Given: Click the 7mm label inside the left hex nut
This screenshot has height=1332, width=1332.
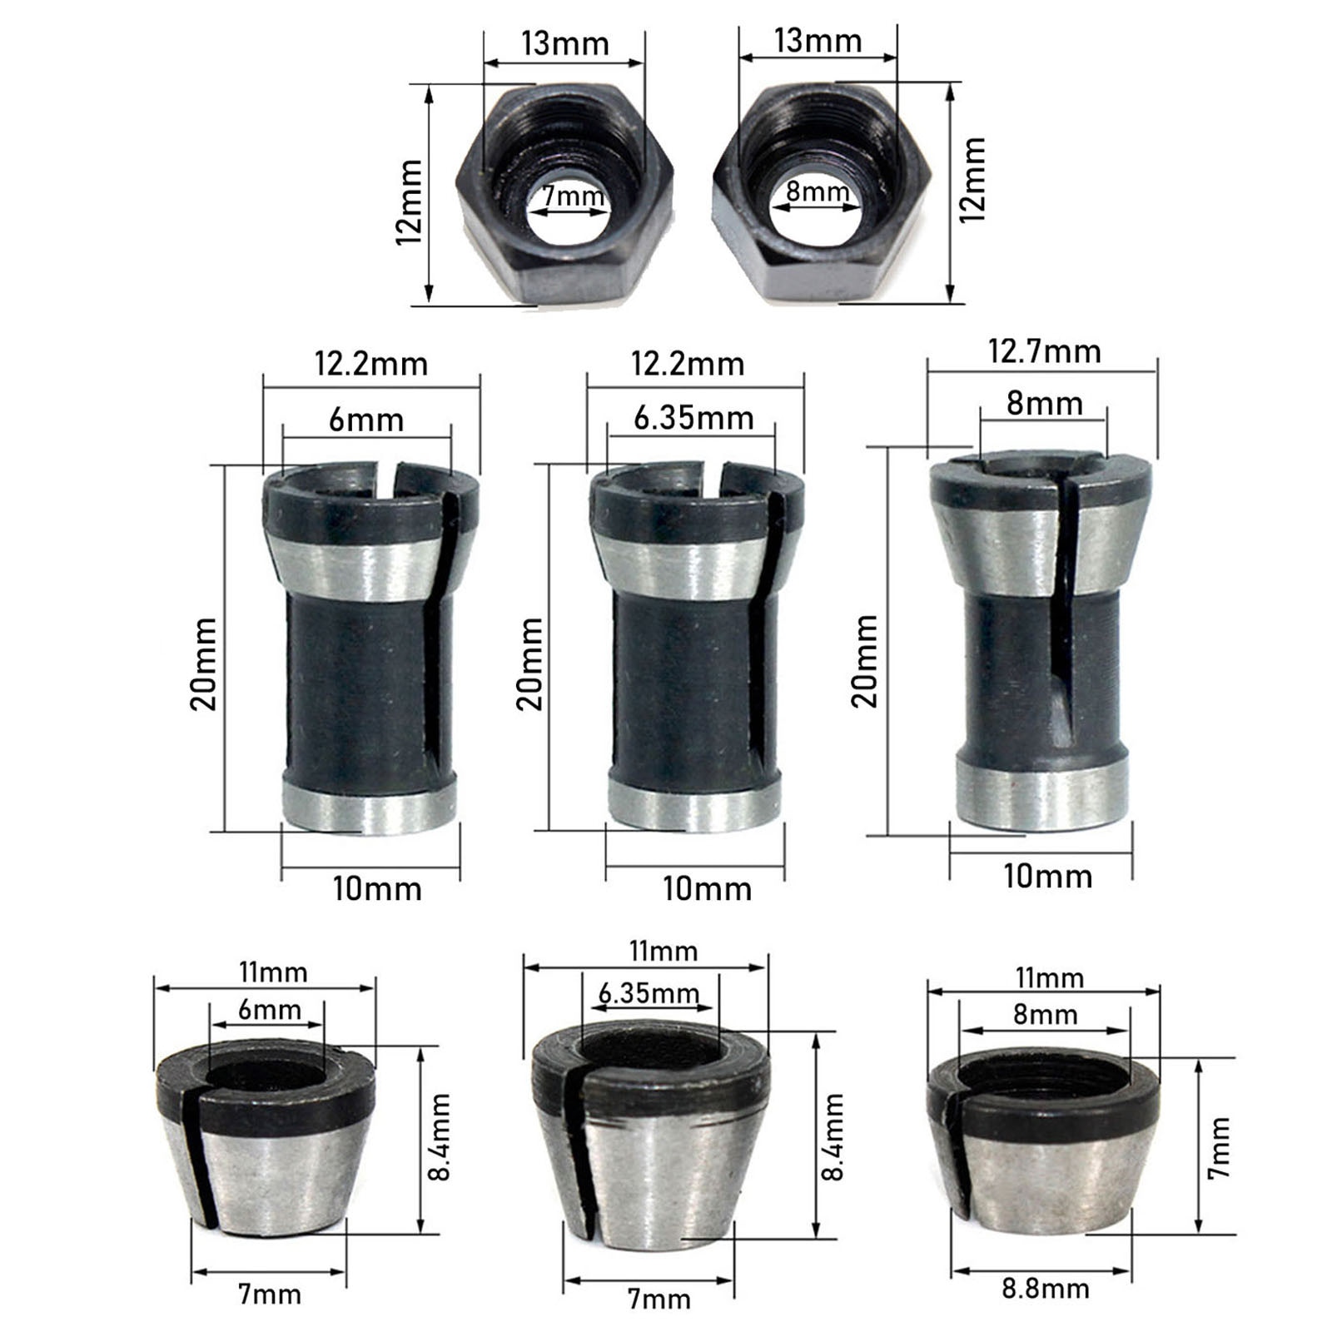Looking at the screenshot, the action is coord(574,197).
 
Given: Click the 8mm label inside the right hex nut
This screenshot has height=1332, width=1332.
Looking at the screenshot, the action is coord(818,191).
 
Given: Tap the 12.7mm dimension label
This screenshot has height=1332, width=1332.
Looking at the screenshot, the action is coord(1044,351).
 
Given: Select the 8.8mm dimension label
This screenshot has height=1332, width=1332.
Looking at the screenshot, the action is coord(1046,1289).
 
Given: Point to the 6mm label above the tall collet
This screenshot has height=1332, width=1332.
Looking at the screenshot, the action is coord(366,420).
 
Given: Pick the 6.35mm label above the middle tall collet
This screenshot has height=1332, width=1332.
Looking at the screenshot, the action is coord(693,417).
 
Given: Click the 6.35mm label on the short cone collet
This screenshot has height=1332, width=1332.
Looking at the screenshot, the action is coord(649,993).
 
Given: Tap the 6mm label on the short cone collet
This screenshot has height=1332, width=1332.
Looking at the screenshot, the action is coord(269,1010).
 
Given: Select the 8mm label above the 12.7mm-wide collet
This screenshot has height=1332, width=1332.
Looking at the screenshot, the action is coord(1044,404).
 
